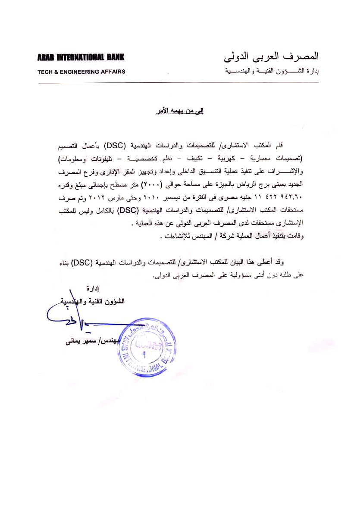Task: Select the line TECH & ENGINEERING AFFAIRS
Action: point(81,72)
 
